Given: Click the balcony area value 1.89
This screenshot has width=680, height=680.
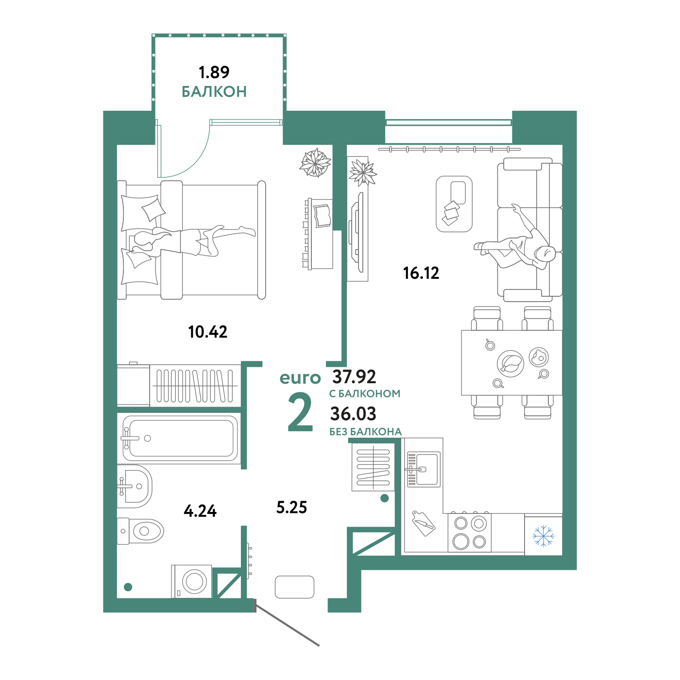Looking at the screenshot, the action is (214, 72).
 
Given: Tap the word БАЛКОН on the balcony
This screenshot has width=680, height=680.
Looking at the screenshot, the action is (214, 92).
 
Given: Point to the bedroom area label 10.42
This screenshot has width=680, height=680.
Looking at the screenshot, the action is (207, 332).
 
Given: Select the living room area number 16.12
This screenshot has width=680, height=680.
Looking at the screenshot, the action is (421, 273).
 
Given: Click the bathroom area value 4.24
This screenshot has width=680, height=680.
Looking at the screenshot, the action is (200, 511).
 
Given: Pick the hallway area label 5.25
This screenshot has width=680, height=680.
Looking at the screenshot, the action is (291, 508).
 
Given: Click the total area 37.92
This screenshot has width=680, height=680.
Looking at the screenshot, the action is (354, 377).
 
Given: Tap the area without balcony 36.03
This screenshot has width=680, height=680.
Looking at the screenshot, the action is (353, 414).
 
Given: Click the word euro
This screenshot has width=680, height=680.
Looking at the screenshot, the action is (300, 378).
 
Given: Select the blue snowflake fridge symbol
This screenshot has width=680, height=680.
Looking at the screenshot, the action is (543, 536).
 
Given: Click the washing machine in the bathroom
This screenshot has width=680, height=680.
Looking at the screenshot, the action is (191, 581).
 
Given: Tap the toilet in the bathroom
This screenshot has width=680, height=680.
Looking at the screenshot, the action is (140, 531).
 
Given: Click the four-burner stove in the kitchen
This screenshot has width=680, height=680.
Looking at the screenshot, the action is (469, 532).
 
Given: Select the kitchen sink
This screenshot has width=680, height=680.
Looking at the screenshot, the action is (424, 469).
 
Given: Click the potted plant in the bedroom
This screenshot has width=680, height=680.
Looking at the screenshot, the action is (315, 163).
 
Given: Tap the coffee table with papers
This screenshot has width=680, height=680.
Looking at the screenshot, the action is (454, 204).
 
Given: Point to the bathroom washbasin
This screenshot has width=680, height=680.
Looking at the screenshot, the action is (135, 486).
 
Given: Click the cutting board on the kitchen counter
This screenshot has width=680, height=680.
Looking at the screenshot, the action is (424, 523).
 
